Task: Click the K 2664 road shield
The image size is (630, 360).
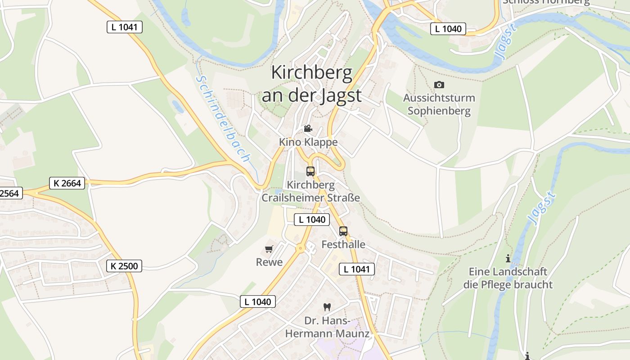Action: (67, 183)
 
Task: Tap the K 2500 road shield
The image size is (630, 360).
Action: (124, 266)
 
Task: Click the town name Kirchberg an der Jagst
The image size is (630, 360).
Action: (312, 84)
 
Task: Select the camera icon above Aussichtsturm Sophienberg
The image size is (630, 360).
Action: (439, 85)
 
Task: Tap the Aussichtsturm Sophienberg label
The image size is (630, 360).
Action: (439, 104)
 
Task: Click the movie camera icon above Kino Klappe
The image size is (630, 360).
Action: (308, 129)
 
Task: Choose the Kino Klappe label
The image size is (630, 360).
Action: (308, 142)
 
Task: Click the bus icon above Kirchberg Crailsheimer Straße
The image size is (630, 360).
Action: (310, 171)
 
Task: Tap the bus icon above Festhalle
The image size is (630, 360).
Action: (343, 231)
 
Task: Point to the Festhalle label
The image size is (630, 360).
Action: (343, 245)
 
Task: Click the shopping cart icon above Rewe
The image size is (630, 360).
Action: (269, 249)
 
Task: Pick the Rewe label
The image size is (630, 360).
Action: (269, 262)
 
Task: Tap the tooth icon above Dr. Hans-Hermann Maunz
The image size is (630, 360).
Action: (327, 307)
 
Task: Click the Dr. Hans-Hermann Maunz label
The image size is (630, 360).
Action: (327, 327)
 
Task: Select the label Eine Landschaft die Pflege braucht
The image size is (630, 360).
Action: (508, 278)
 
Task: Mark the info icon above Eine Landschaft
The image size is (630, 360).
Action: (508, 258)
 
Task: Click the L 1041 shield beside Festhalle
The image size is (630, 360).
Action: (356, 270)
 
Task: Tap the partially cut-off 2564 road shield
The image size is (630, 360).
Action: (10, 193)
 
